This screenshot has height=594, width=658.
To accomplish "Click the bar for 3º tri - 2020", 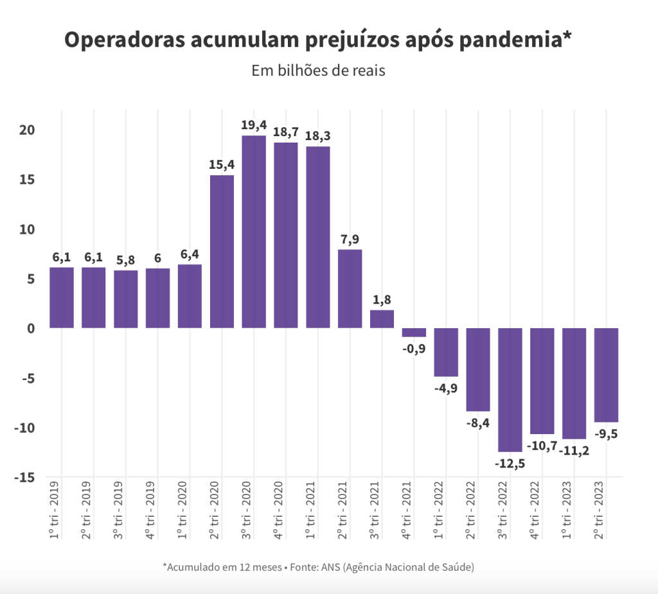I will [254, 232].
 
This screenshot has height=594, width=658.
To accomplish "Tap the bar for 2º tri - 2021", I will [350, 289].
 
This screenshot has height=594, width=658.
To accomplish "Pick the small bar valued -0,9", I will [414, 333].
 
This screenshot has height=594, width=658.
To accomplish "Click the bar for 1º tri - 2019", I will [62, 297].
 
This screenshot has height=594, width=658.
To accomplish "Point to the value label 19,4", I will [254, 125].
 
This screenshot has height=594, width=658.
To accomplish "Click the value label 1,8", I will [382, 299].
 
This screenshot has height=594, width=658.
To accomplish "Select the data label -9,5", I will [607, 433].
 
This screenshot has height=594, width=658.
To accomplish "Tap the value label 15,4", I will [222, 164].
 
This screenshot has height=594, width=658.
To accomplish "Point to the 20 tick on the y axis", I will [26, 130].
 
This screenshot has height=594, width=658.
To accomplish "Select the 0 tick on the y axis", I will [30, 328].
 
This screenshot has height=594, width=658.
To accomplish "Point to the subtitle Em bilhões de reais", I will [318, 70].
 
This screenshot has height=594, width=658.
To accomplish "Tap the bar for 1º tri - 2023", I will [574, 383].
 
